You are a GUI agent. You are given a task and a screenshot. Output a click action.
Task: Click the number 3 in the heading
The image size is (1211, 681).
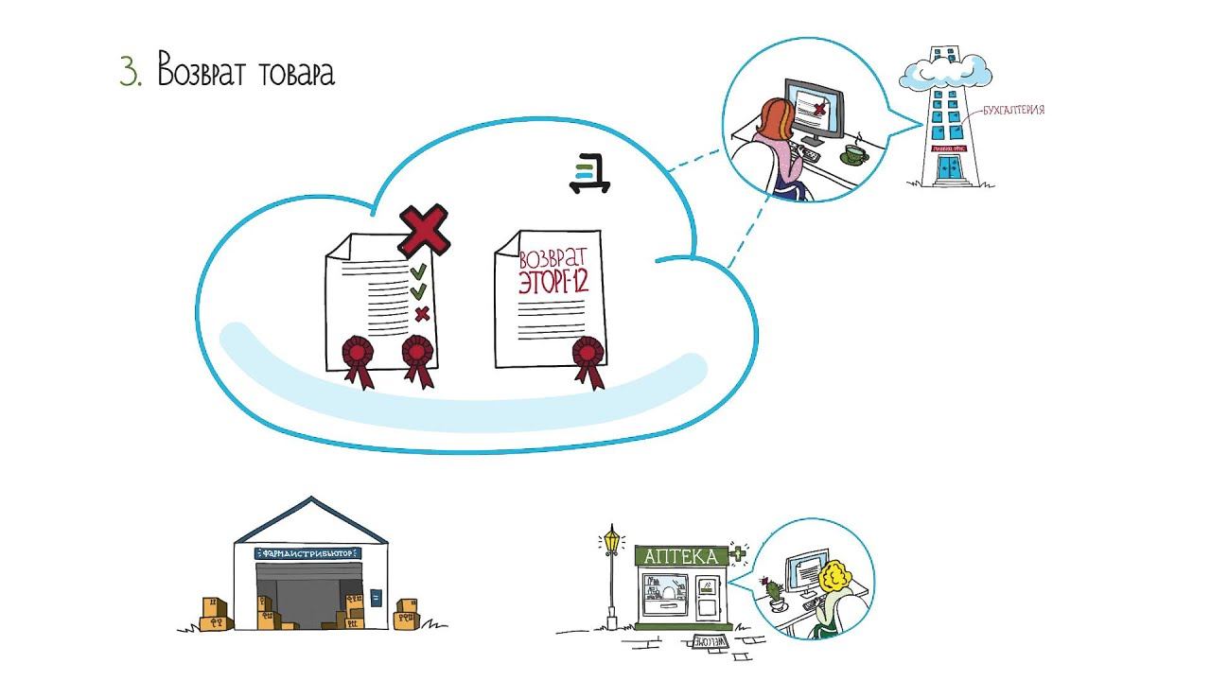pos(128,72)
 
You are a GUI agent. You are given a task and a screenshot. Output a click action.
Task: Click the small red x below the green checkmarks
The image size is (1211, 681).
pos(422,313)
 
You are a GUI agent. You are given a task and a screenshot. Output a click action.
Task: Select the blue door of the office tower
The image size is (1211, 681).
pos(948,169)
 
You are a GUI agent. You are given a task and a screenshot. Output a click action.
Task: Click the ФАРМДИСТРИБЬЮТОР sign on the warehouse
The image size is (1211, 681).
pos(309,551)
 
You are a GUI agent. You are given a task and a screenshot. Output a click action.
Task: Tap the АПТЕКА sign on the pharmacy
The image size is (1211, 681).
pos(680,556)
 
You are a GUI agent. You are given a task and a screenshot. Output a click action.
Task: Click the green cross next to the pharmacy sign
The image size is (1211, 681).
pos(738,553)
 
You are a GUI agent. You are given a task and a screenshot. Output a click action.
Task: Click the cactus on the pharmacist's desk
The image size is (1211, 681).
pos(773,588)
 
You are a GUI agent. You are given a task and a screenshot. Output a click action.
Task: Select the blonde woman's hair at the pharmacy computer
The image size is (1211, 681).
pos(836,577)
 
